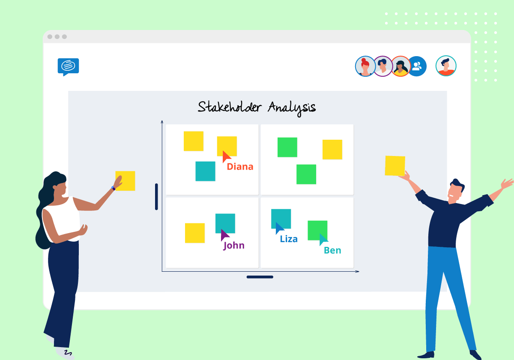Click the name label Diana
[240, 167]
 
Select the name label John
[234, 246]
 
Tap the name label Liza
[289, 239]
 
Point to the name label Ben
[332, 251]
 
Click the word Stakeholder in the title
[229, 107]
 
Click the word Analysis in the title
[292, 107]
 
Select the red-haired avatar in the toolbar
[365, 66]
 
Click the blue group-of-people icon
[417, 66]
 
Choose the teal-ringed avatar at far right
[446, 66]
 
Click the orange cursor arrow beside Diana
[226, 156]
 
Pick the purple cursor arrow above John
[224, 235]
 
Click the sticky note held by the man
[394, 165]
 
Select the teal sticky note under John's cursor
[225, 222]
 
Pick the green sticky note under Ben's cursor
[317, 230]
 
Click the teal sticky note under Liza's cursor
[281, 218]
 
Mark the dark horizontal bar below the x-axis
[260, 277]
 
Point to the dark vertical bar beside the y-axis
[156, 197]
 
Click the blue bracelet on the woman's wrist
[114, 188]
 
